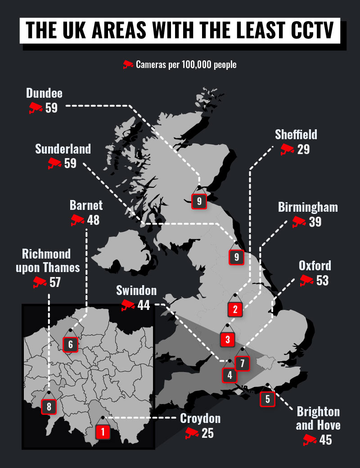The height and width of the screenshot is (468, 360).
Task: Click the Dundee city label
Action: coord(44,93)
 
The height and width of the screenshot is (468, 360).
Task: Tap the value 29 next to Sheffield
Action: coord(303,150)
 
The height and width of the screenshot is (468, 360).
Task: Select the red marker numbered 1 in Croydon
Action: coord(103,433)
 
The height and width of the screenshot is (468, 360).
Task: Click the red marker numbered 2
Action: coord(235,309)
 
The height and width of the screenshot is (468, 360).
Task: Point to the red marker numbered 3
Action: coord(228,339)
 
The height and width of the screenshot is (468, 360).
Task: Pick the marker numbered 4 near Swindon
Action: coord(229,375)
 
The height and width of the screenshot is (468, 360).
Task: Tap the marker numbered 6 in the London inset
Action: coord(71,345)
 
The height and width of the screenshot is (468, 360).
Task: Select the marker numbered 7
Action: coord(242,363)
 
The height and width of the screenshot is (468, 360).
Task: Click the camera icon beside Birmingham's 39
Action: coord(298,222)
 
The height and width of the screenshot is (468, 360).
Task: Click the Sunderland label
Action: coord(63,149)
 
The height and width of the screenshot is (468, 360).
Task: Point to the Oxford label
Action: coord(315,265)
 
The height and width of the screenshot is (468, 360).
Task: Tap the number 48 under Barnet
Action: coord(93,220)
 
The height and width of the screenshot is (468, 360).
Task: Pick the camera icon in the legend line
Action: coord(128,64)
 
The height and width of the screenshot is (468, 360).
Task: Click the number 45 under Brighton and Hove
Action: coord(325,440)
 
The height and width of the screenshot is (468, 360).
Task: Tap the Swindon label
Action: coord(136,290)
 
